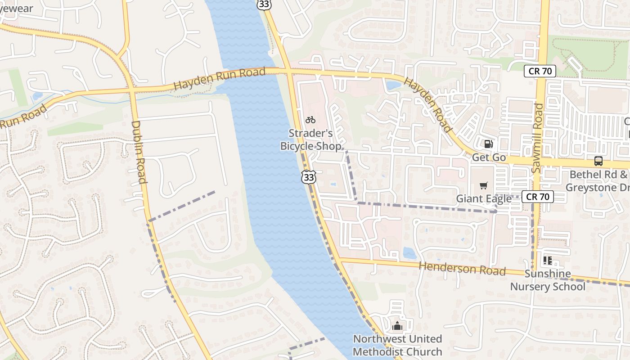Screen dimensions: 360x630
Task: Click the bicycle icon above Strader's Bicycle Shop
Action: pos(310,120)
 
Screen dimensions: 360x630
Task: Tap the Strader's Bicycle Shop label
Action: pos(311,139)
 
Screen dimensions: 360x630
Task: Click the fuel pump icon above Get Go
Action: pos(488,144)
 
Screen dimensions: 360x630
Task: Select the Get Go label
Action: pos(489,157)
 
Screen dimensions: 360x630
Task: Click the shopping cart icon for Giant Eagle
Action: pos(484,185)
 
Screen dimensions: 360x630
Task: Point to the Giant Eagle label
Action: pos(484,198)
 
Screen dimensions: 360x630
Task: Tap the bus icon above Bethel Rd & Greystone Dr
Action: pos(598,161)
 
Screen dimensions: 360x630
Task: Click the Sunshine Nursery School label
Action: pos(548,280)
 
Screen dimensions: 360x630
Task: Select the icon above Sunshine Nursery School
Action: pos(548,260)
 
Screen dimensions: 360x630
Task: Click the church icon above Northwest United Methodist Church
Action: pos(397,325)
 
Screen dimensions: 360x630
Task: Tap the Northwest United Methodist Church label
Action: pos(397,345)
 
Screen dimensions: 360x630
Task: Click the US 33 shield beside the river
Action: pos(309,177)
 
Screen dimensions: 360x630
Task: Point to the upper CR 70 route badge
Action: pos(540,71)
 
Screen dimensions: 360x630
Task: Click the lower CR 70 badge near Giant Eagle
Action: pos(537,196)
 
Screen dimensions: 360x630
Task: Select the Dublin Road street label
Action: pos(139,152)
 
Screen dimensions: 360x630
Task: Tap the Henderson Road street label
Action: pos(462,269)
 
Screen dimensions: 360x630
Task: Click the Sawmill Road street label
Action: pos(537,137)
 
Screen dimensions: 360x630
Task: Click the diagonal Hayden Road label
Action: pos(427,105)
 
